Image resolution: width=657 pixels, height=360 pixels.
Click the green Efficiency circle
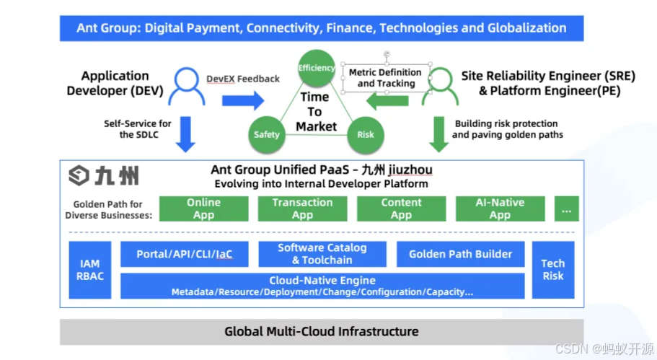(x=317, y=69)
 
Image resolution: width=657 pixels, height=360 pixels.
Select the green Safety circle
(x=267, y=134)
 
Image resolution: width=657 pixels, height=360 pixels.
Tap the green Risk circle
(x=366, y=134)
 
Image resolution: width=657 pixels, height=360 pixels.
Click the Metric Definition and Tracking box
(x=385, y=78)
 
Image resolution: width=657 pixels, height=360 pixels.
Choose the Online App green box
(x=203, y=208)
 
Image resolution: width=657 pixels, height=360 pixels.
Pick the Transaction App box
(x=302, y=208)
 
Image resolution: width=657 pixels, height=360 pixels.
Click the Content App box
(x=401, y=208)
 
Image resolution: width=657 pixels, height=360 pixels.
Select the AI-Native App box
(x=500, y=208)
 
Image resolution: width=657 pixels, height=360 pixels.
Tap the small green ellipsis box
(x=566, y=208)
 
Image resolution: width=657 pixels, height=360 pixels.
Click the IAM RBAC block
(x=90, y=270)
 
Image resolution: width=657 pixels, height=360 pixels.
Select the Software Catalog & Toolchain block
(x=322, y=254)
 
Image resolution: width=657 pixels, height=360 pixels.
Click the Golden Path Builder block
(x=460, y=254)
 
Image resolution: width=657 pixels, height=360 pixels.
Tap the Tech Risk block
(x=553, y=270)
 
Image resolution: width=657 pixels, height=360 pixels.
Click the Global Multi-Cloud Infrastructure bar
(x=322, y=332)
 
